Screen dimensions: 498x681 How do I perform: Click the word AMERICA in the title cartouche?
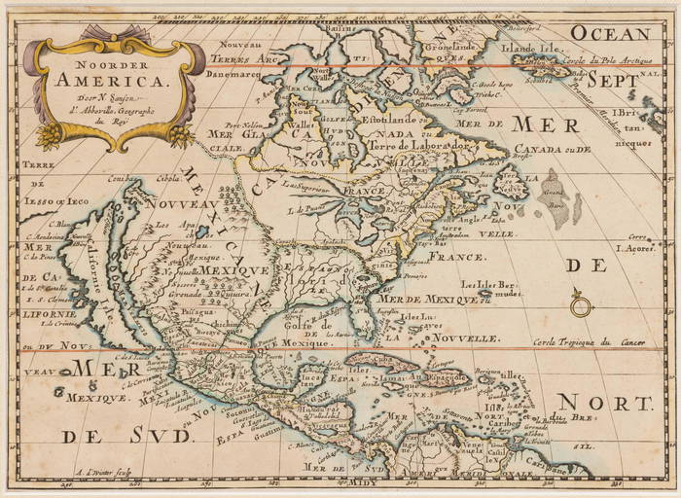[113, 81]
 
